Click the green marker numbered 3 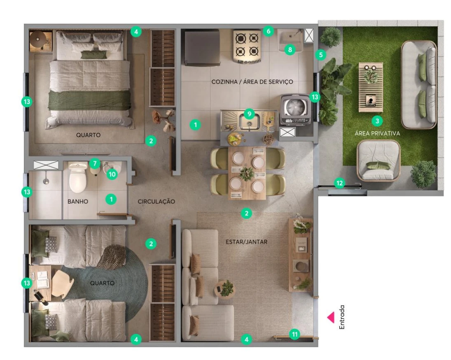(x=377, y=121)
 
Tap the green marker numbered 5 (x=321, y=55)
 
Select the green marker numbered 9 (x=249, y=114)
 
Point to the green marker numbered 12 (x=340, y=183)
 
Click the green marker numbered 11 (x=294, y=334)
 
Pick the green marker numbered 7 (x=95, y=164)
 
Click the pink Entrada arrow (x=331, y=318)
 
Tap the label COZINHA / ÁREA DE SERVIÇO (x=252, y=81)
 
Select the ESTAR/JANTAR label (x=246, y=242)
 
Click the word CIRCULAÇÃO (x=156, y=202)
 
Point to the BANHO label (x=78, y=202)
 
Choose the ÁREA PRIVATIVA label (x=377, y=133)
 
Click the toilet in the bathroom (x=78, y=177)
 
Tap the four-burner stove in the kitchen (x=248, y=46)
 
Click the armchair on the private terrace (x=379, y=160)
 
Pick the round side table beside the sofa (x=224, y=289)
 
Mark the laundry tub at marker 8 (x=290, y=41)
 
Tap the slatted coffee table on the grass (x=370, y=87)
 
